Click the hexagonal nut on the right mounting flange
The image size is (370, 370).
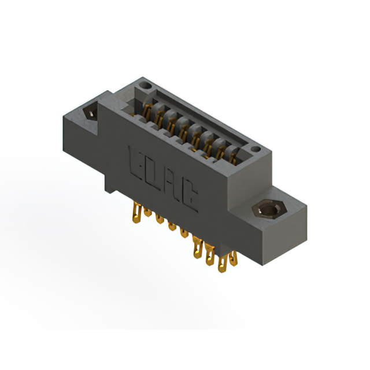(269, 209)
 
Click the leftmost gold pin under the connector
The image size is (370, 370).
(137, 212)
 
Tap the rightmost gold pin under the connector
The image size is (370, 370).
(234, 258)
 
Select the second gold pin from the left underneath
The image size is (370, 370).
(148, 212)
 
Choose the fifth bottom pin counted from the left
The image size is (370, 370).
(184, 232)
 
